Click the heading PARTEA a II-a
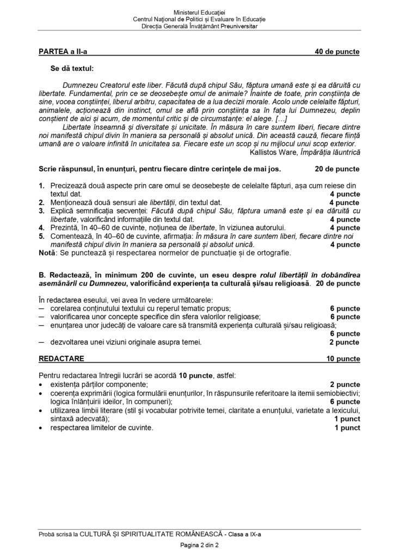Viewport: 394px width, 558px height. (63, 52)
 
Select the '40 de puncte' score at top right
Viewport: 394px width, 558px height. (337, 52)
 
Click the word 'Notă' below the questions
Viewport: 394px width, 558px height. (47, 253)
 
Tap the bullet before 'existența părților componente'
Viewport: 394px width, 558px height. (41, 385)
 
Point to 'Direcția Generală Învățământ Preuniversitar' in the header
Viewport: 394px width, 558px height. (196, 26)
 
